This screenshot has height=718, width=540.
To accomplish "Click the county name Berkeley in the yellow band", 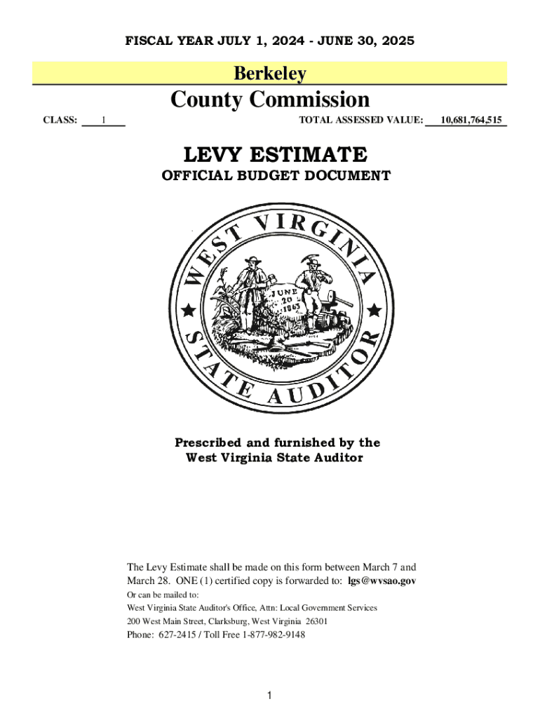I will click(x=269, y=73).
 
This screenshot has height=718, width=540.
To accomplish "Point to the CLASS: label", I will click(x=60, y=120).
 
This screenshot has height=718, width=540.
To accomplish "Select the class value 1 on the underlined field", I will click(x=103, y=120).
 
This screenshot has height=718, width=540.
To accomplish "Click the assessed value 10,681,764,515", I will click(x=471, y=120).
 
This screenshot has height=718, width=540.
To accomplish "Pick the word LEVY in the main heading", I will click(x=217, y=154).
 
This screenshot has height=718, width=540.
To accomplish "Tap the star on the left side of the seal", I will click(x=188, y=310).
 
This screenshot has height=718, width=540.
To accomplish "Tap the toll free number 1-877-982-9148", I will click(x=274, y=635).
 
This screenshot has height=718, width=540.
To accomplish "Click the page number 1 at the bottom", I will click(x=269, y=695).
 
